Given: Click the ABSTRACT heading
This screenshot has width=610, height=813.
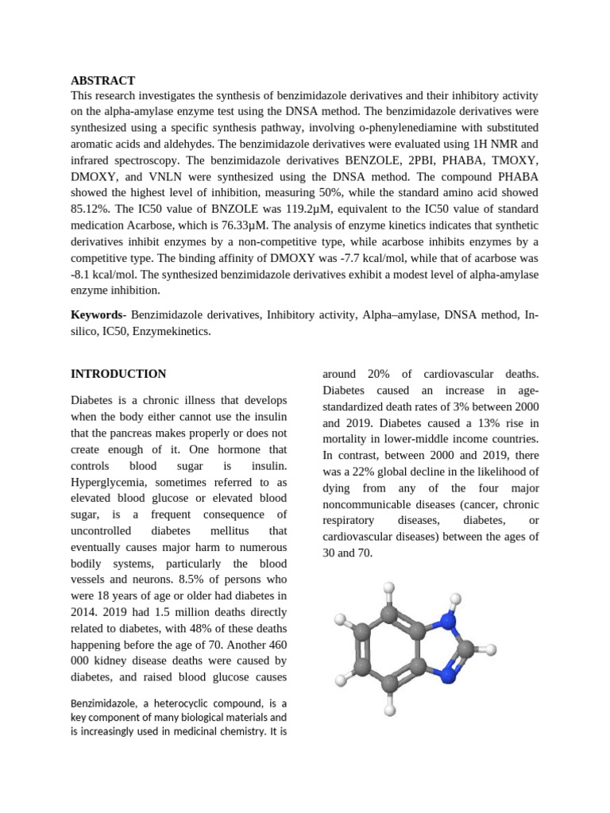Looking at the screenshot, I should (102, 80).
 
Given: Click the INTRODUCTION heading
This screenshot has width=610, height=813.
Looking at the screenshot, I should (118, 374).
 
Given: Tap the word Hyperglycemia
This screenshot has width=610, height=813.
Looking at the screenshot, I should (109, 482).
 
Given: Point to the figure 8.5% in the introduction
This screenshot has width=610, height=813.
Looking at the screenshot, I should (207, 563).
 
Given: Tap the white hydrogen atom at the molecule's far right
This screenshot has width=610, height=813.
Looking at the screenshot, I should (491, 650).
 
